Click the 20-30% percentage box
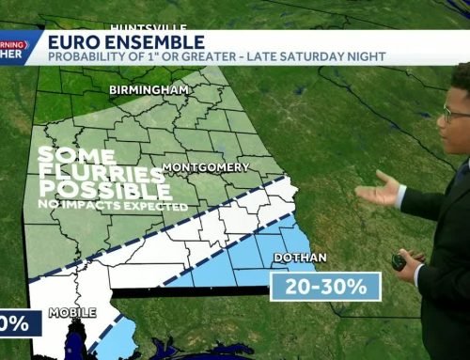(x=325, y=286)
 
